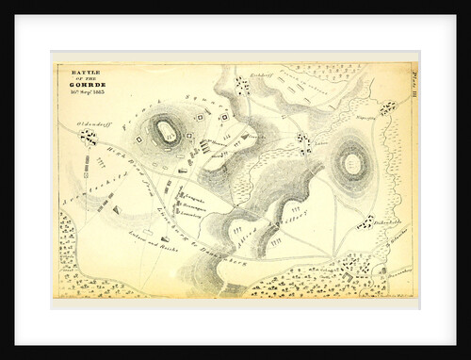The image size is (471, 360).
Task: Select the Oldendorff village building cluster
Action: pos(89,138)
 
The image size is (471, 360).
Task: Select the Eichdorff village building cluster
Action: pos(243,87)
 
